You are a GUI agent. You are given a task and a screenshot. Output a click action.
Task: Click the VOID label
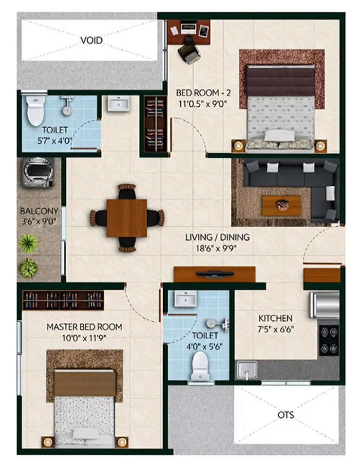coord(92,40)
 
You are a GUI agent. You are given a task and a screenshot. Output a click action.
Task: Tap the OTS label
coord(286,415)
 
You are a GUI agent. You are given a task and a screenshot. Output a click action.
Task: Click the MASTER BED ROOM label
coord(84,327)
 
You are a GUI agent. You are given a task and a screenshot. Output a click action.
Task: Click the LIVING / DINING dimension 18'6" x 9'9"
coord(217,248)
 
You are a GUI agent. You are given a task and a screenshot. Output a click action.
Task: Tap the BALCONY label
coord(39,212)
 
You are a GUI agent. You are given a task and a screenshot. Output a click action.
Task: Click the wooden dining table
coord(127,218)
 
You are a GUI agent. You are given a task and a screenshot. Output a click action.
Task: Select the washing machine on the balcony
coord(38,172)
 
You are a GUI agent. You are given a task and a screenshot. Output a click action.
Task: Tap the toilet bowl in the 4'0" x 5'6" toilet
coord(200,367)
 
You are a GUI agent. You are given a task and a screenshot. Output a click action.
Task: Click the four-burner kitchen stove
coord(329,340)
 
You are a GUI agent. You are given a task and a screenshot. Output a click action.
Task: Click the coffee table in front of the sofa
coord(282,205)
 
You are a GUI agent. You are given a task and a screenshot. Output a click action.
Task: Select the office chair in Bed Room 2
coord(189,53)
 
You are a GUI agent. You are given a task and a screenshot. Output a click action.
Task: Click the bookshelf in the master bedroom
coord(63,300)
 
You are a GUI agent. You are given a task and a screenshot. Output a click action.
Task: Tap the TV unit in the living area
coord(214,274)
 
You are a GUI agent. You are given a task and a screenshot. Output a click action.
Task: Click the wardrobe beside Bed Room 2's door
coord(155,124)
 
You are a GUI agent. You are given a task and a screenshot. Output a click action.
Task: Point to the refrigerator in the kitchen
coord(324,305)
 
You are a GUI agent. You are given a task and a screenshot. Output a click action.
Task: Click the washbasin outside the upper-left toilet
coord(118,103)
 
